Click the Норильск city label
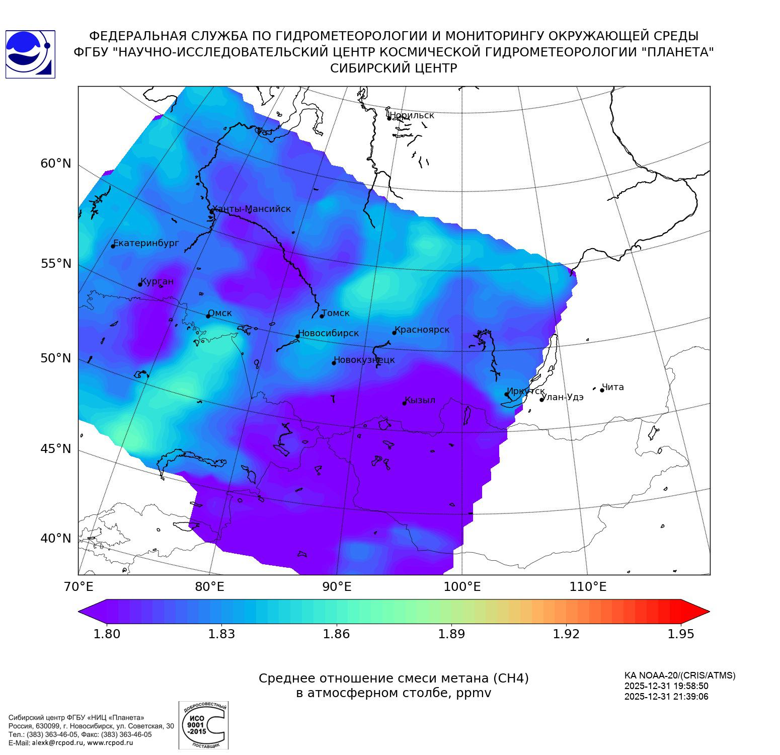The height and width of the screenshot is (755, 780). point(412,115)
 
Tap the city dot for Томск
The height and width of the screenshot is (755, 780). point(322,316)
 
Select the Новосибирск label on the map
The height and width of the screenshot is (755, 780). point(328,333)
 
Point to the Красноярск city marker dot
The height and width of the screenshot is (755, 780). point(395,333)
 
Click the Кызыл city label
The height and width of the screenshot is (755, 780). point(420,400)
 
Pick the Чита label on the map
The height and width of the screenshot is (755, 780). point(613,387)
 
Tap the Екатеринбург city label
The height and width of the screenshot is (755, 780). point(146,243)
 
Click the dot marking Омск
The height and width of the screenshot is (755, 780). point(208,316)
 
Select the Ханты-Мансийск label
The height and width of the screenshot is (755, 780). point(252,209)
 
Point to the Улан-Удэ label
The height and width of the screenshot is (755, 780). point(563,397)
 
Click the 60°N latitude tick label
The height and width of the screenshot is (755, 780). point(56,164)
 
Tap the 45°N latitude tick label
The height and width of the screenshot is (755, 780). point(56,448)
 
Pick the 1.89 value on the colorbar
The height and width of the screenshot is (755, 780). point(451,634)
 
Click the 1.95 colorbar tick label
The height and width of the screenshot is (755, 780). point(681,634)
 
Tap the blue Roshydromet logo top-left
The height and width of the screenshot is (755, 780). point(30,54)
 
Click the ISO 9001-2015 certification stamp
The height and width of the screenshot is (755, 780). point(203,725)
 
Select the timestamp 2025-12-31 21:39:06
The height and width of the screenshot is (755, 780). point(666,697)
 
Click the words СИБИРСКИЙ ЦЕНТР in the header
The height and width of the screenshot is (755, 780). point(394,68)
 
